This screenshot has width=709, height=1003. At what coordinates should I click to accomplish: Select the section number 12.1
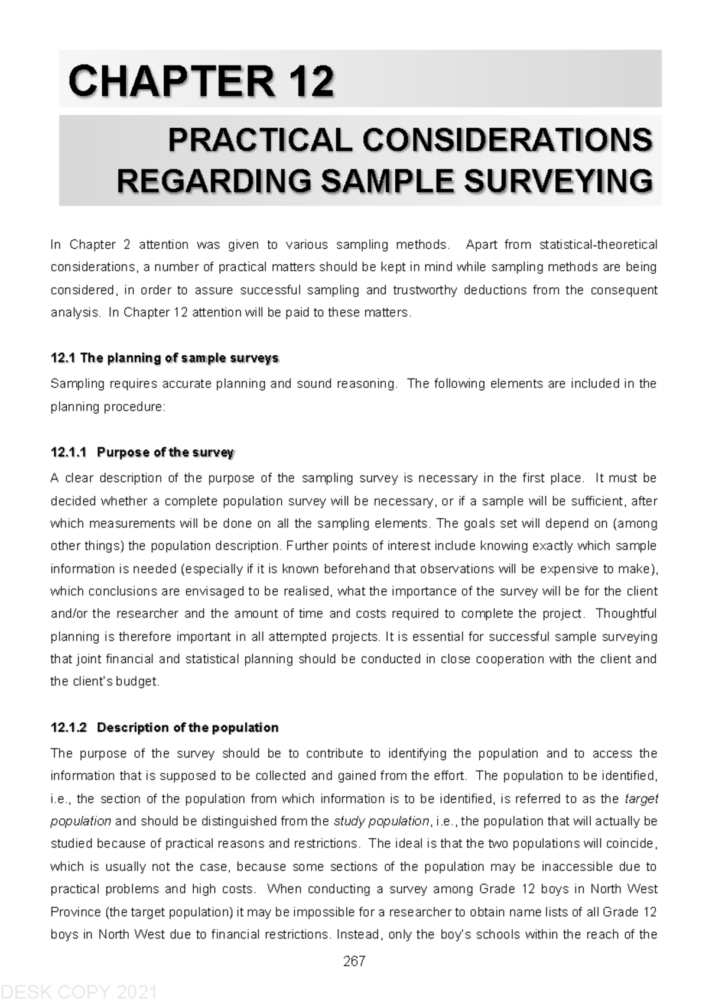(x=63, y=358)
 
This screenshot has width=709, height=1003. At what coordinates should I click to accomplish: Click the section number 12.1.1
(x=69, y=452)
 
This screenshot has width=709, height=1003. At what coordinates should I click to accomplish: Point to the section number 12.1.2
(x=69, y=728)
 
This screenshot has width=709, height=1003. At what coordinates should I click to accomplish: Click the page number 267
(x=354, y=961)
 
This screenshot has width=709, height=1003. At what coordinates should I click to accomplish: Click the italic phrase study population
(x=381, y=821)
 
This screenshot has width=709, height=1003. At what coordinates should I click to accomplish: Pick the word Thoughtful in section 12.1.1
(x=626, y=614)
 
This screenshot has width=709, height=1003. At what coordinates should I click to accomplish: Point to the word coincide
(x=632, y=844)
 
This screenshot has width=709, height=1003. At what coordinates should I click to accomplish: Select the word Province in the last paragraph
(x=76, y=913)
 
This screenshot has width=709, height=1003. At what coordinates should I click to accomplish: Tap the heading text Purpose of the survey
(x=165, y=452)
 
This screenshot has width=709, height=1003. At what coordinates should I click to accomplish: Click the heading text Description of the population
(x=187, y=728)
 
